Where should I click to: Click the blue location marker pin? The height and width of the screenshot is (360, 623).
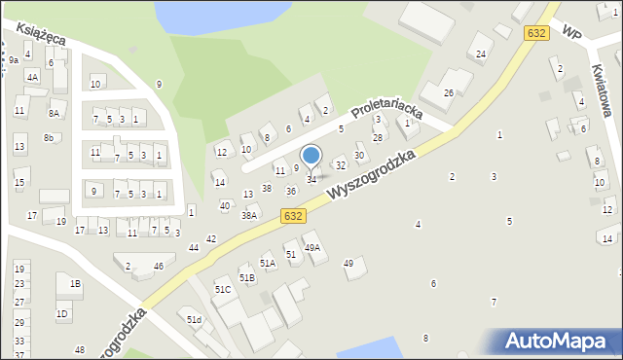(311, 156)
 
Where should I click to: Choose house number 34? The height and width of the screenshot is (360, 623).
(311, 180)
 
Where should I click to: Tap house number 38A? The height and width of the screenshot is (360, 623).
(249, 216)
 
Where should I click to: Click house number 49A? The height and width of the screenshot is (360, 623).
(312, 248)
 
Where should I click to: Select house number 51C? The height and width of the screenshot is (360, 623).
(223, 290)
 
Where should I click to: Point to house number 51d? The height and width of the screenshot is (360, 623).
(195, 320)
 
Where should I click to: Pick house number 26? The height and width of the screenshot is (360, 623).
(449, 92)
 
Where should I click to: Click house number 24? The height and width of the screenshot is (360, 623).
(481, 54)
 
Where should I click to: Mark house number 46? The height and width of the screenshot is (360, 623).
(159, 266)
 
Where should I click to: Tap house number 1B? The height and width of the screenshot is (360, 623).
(75, 284)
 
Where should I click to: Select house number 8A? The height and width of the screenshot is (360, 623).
(55, 114)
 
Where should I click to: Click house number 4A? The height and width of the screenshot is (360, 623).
(32, 77)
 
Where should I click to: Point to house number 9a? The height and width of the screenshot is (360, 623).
(14, 60)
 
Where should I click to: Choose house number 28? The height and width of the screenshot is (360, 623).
(378, 138)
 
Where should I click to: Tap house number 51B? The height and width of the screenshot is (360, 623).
(247, 278)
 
